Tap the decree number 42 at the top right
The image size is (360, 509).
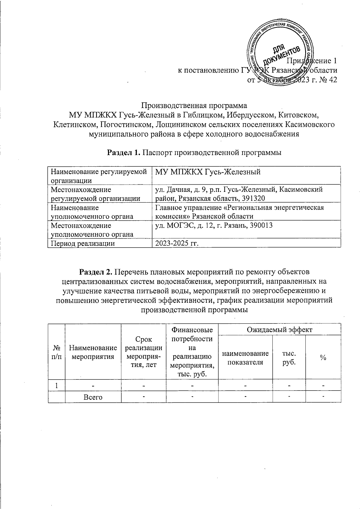[x=331, y=80]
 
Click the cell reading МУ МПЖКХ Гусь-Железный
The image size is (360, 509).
[x=207, y=172]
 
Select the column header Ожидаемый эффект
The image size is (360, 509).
[x=279, y=330]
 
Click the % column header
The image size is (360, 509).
[x=323, y=357]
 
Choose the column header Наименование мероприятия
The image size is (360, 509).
[x=93, y=352]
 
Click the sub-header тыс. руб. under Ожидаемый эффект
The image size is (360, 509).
[x=289, y=357]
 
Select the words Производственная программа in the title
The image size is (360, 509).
[x=194, y=106]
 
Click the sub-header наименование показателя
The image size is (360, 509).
[x=245, y=357]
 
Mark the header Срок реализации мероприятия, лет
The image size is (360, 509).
[x=143, y=352]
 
